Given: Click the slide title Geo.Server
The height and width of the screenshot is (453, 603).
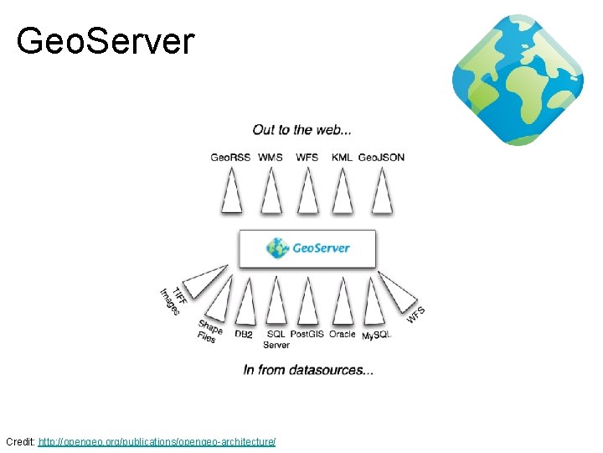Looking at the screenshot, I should pyautogui.click(x=106, y=40).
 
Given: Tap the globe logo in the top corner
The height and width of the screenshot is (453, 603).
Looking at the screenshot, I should pyautogui.click(x=518, y=80).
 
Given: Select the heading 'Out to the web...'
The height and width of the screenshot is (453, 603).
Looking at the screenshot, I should pyautogui.click(x=301, y=130).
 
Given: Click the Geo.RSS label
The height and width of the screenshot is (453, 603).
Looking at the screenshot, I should pyautogui.click(x=230, y=157).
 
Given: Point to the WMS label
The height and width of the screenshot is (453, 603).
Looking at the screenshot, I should pyautogui.click(x=271, y=157).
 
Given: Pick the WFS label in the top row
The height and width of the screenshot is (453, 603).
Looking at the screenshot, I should pyautogui.click(x=307, y=157).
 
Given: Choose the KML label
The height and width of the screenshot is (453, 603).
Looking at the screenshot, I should pyautogui.click(x=342, y=157).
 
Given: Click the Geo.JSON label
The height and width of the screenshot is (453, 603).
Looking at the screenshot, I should pyautogui.click(x=382, y=157).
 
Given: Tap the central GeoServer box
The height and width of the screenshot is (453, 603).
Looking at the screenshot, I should pyautogui.click(x=307, y=248).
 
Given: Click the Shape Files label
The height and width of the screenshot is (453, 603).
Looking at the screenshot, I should pyautogui.click(x=209, y=331).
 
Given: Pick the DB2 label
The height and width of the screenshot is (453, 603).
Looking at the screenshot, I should pyautogui.click(x=244, y=334).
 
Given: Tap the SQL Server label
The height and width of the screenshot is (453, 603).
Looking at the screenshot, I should pyautogui.click(x=276, y=339).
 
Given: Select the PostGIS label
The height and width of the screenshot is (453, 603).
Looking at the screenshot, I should pyautogui.click(x=307, y=334).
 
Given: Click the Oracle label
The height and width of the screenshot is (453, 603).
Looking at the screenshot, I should pyautogui.click(x=342, y=334).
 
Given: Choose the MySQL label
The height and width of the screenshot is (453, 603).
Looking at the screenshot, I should pyautogui.click(x=376, y=335).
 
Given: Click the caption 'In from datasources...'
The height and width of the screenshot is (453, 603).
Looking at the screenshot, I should pyautogui.click(x=308, y=369).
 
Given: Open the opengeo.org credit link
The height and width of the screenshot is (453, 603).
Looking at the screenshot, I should pyautogui.click(x=157, y=441).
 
